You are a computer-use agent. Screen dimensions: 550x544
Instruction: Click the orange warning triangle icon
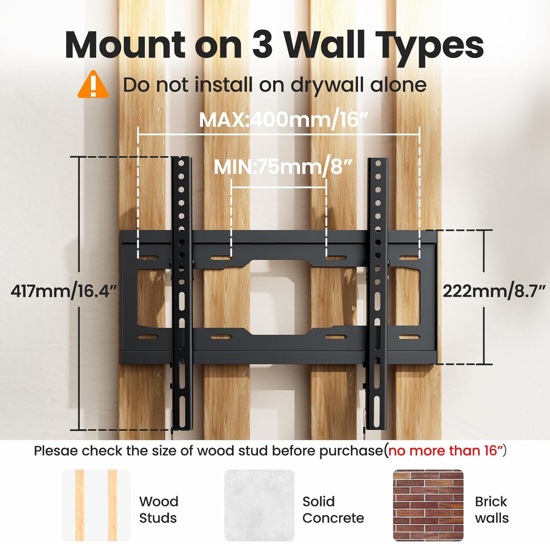93,84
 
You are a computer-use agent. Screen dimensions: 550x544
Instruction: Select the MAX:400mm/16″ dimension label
282,120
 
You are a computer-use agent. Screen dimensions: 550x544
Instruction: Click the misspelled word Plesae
56,451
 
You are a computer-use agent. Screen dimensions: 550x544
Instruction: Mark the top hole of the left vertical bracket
181,163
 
